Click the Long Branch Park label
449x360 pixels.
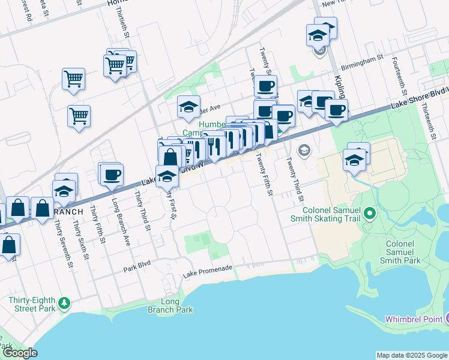click(170, 306)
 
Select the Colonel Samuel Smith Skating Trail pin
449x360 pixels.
click(370, 212)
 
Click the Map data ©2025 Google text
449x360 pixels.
click(411, 355)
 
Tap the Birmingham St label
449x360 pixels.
click(362, 59)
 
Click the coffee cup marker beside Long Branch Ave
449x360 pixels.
click(112, 175)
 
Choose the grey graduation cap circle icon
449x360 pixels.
click(304, 149)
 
